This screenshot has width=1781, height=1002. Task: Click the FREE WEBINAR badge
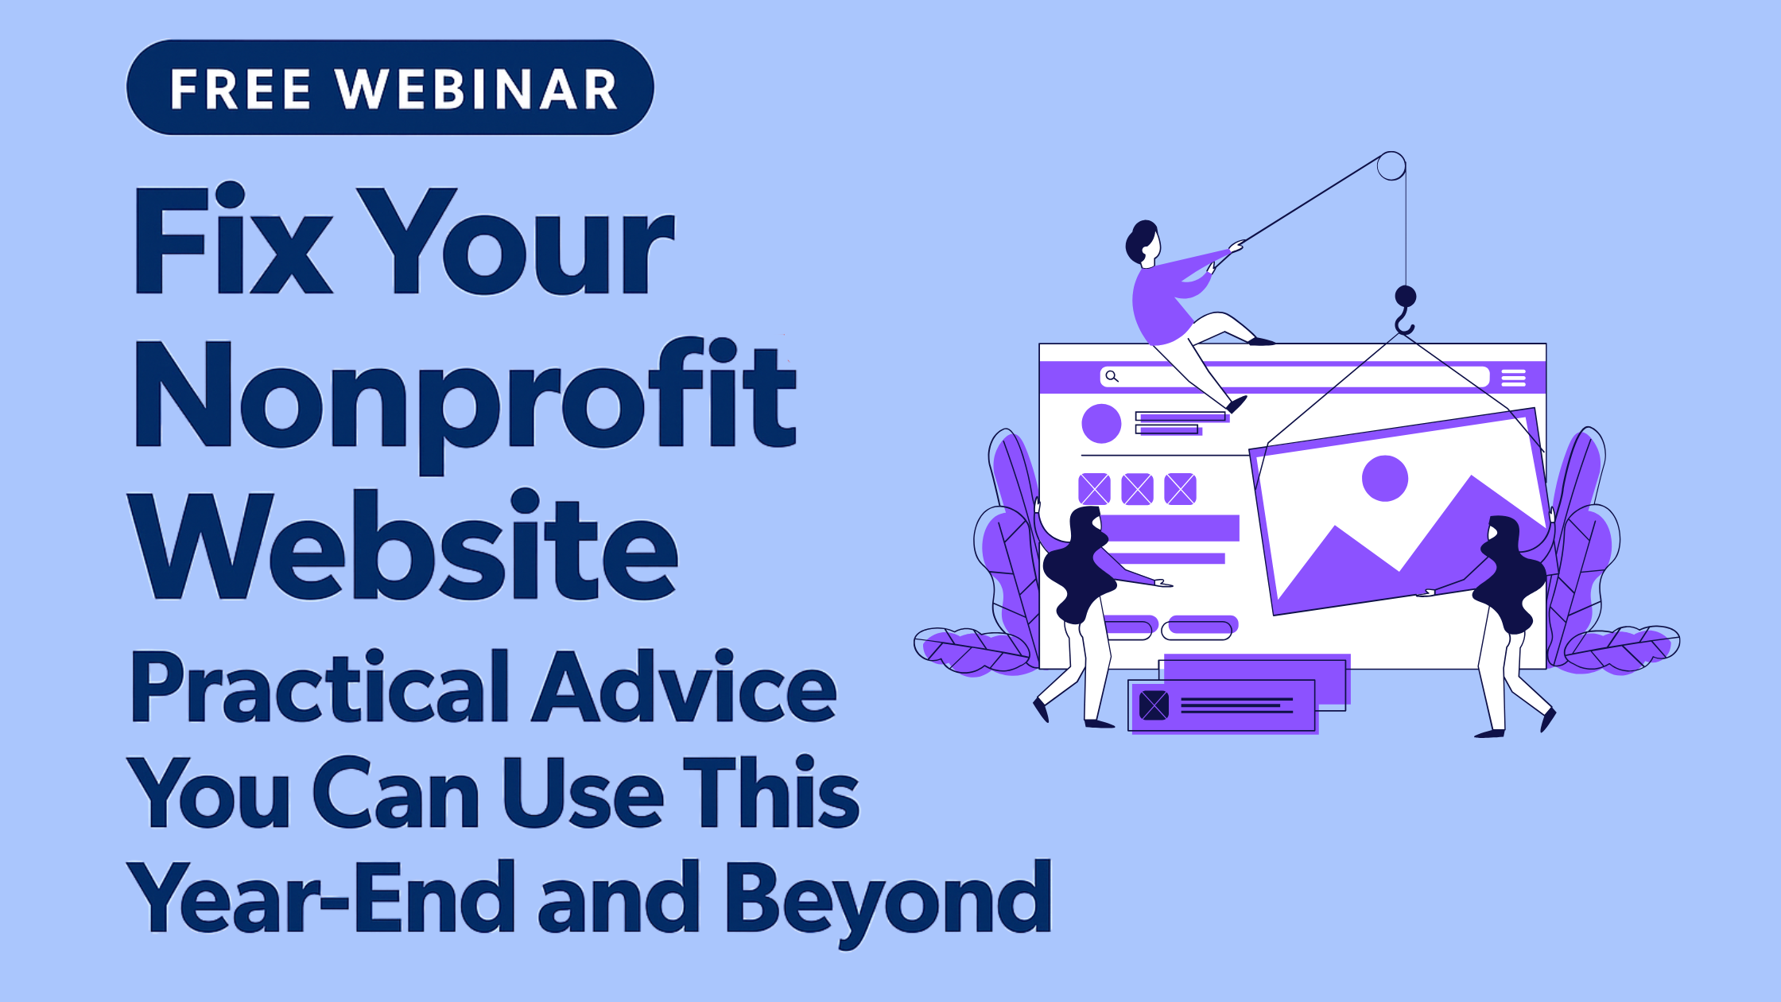click(x=390, y=87)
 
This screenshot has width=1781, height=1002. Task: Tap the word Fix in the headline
click(x=233, y=239)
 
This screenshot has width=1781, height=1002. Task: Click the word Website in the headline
click(x=406, y=545)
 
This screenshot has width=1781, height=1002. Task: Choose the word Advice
click(x=685, y=685)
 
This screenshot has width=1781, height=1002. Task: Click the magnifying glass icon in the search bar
click(x=1112, y=376)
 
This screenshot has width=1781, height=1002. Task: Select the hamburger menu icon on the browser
click(x=1513, y=378)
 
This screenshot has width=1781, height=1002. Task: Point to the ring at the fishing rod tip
click(x=1391, y=166)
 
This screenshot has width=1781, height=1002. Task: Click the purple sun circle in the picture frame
click(x=1385, y=479)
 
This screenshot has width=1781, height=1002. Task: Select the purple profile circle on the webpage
click(x=1101, y=423)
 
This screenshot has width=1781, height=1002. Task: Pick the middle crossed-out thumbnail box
click(x=1137, y=489)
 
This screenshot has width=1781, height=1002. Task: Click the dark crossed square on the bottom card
click(x=1154, y=705)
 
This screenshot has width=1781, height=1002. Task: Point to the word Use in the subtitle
click(x=583, y=792)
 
